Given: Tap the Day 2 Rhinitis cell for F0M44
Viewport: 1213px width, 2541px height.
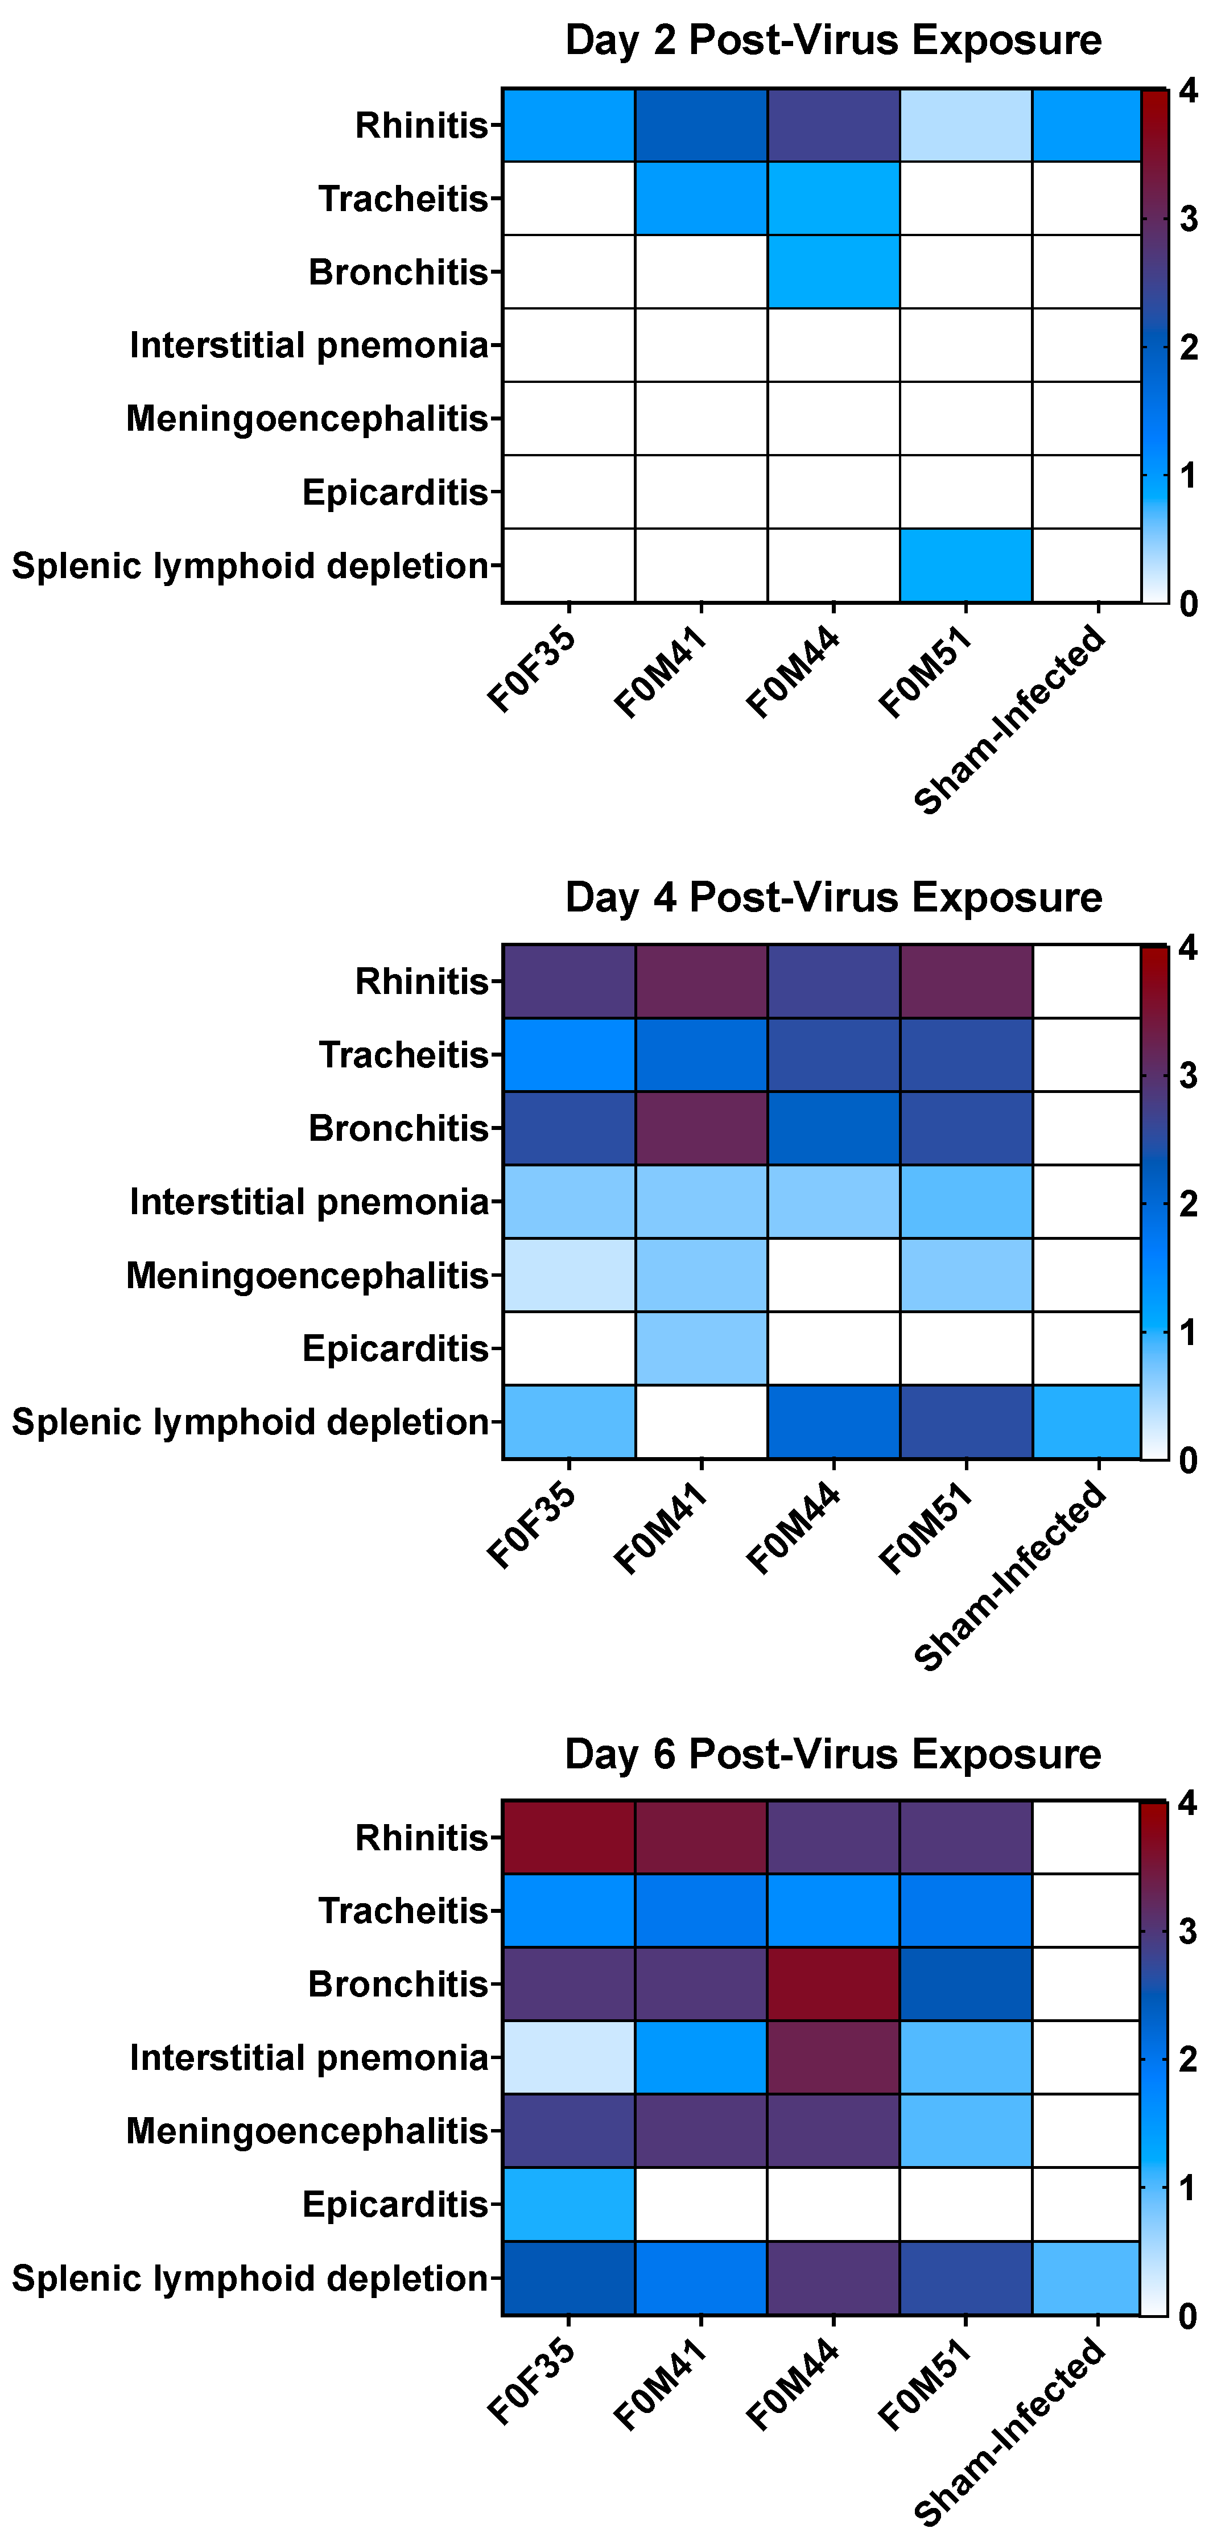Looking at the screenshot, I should coord(834,125).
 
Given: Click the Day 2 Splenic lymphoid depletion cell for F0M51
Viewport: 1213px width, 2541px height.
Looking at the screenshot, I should coord(966,565).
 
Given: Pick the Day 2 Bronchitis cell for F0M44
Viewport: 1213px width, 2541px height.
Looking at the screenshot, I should coord(834,271).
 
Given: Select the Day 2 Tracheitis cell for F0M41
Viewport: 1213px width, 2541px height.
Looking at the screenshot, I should coord(701,198).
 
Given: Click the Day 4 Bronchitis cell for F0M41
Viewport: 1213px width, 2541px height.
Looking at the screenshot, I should coord(701,1128).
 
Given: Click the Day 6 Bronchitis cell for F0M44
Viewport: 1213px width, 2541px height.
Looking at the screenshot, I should coord(834,1983).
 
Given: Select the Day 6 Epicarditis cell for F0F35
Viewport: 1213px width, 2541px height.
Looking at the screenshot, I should coord(569,2204).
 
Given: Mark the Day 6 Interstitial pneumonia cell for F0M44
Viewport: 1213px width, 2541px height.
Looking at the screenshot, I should coord(834,2057).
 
